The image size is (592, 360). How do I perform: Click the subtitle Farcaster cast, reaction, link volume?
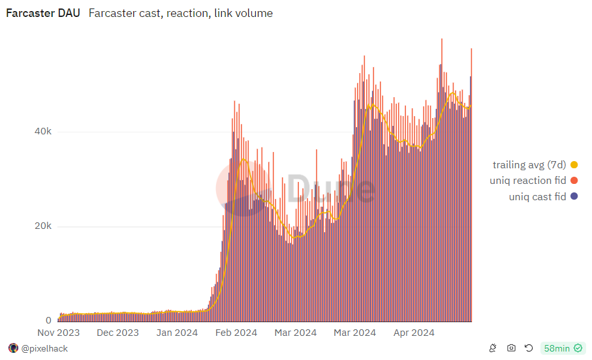click(180, 13)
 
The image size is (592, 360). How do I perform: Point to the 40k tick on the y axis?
click(43, 132)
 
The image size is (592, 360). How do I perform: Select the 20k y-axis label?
click(43, 226)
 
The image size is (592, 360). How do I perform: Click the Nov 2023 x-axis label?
click(58, 333)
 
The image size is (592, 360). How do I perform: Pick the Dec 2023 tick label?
click(117, 333)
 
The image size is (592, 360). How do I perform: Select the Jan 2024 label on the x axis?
click(176, 333)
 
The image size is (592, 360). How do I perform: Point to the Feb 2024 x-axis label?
click(236, 333)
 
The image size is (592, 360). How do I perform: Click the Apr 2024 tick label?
click(414, 333)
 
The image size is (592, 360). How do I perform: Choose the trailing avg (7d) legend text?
click(529, 165)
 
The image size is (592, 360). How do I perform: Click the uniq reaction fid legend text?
click(527, 181)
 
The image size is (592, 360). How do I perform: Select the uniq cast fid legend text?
click(537, 196)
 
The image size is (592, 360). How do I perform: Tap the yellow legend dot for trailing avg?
click(574, 165)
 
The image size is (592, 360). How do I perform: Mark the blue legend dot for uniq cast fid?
click(574, 196)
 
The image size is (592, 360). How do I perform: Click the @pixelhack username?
click(44, 348)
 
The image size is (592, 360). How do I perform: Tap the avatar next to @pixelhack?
click(13, 348)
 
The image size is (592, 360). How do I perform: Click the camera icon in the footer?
click(511, 348)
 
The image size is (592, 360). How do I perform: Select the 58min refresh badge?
click(563, 348)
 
